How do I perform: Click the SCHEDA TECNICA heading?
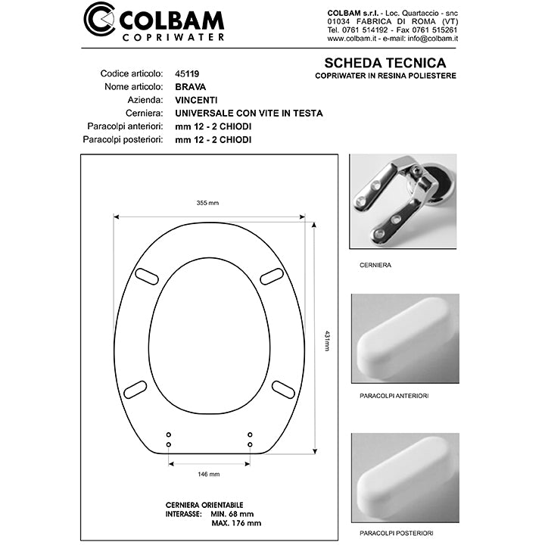[x=385, y=63]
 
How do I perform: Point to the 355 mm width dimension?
[x=207, y=203]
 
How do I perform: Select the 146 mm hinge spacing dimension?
[x=208, y=474]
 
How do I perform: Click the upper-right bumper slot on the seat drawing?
[x=272, y=277]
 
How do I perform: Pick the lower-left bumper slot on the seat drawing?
[x=135, y=389]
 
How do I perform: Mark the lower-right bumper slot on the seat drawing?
[x=284, y=389]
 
